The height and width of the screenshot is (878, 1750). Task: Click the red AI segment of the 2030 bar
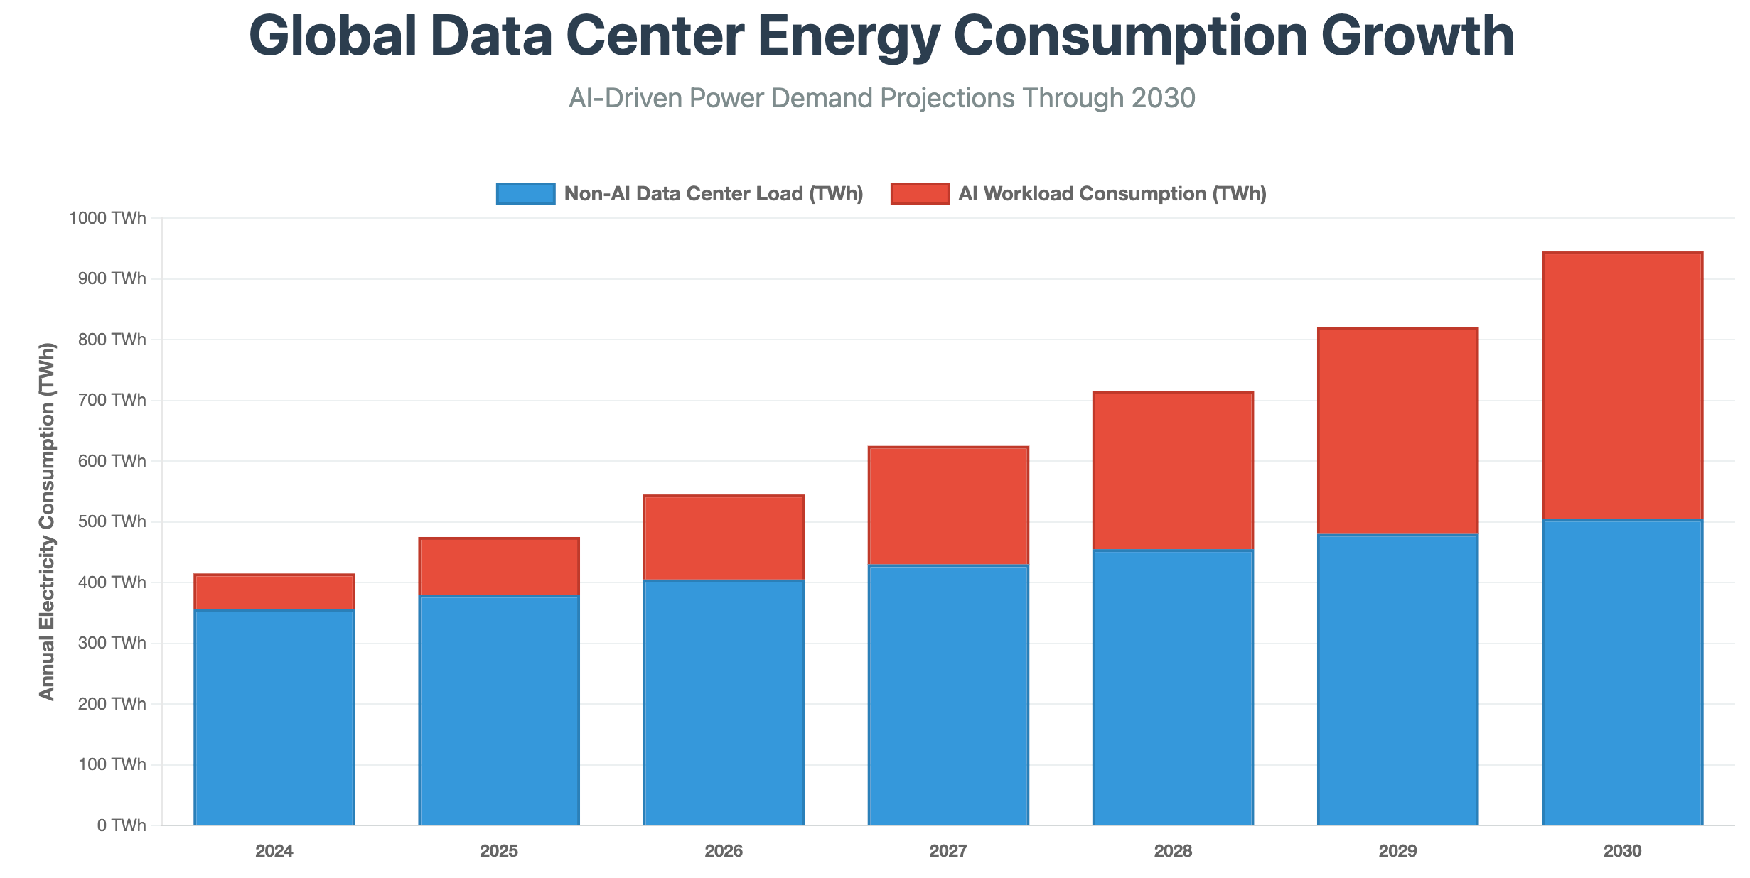click(1622, 386)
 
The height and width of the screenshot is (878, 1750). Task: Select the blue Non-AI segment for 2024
click(274, 717)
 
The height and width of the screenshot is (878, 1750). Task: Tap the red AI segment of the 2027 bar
click(948, 506)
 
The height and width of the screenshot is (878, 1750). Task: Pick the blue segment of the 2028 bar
click(1173, 688)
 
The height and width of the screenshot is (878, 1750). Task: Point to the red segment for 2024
click(274, 592)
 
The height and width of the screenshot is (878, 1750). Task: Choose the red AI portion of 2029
click(1397, 431)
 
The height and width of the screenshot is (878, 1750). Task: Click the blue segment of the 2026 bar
click(724, 703)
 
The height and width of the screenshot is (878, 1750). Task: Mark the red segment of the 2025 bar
click(499, 567)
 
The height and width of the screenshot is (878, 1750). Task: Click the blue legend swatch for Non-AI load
click(525, 194)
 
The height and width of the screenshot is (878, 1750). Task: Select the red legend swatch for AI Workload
click(920, 194)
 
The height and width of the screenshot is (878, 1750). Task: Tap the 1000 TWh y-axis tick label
click(107, 218)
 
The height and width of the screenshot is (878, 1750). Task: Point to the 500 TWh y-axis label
click(112, 521)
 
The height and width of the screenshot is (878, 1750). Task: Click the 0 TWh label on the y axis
click(122, 825)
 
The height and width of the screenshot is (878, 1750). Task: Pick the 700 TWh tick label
click(112, 400)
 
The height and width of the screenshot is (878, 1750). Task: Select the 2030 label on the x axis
click(1622, 851)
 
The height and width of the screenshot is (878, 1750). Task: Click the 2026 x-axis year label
click(724, 851)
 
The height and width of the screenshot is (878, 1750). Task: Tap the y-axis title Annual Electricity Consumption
click(47, 521)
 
